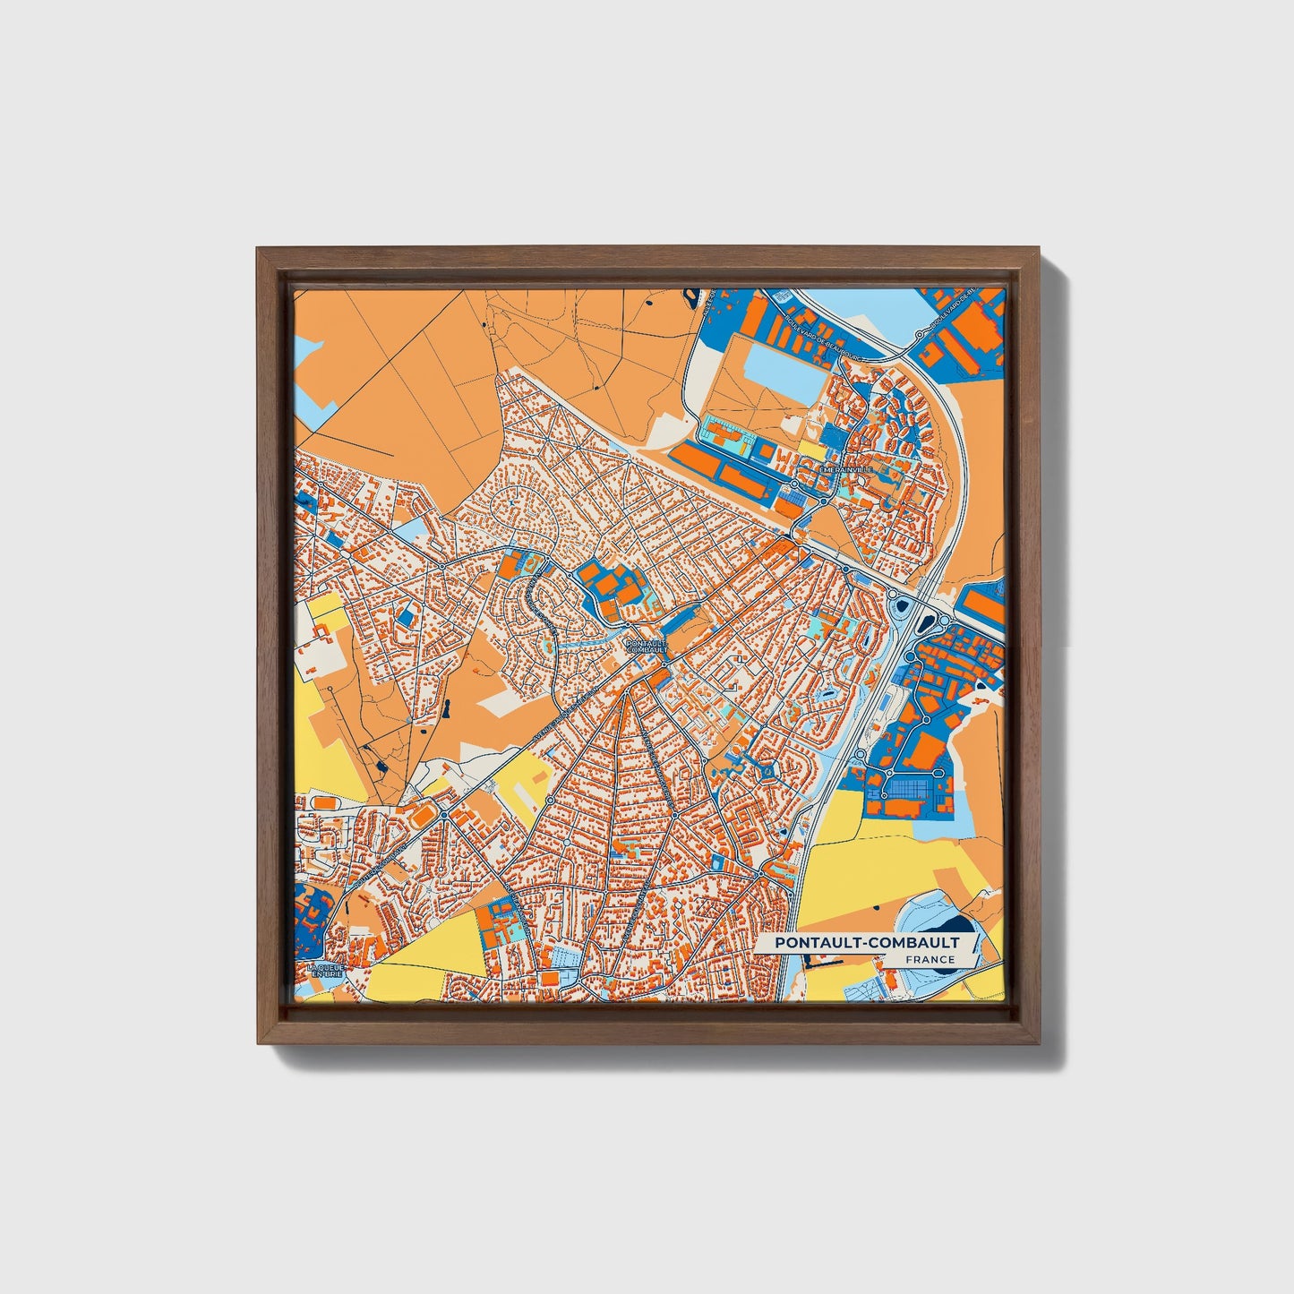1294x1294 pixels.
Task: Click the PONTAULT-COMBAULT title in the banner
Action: click(x=866, y=943)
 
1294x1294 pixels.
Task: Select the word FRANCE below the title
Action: click(x=929, y=960)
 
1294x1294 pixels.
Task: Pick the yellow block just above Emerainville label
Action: click(x=810, y=446)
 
